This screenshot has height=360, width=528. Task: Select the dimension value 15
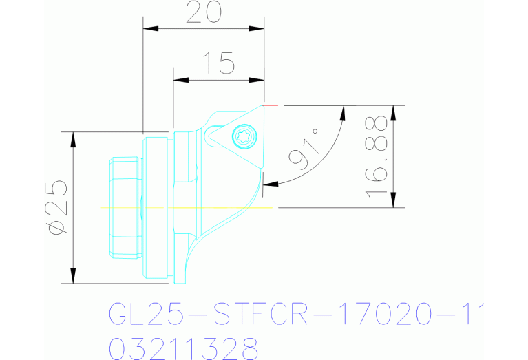tap(218, 64)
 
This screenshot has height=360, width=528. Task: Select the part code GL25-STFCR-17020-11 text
tap(293, 314)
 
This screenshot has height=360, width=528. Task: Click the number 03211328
tap(183, 346)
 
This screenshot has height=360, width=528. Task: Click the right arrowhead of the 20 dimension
tap(259, 29)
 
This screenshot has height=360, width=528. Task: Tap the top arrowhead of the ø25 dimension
tap(72, 138)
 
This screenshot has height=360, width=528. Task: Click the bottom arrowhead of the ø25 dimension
tap(72, 277)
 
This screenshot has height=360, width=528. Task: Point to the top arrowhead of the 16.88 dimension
tap(393, 112)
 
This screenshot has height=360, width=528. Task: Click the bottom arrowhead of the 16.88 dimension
tap(393, 201)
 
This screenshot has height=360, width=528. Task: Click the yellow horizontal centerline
tap(186, 207)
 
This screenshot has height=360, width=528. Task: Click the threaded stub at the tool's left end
tap(125, 207)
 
